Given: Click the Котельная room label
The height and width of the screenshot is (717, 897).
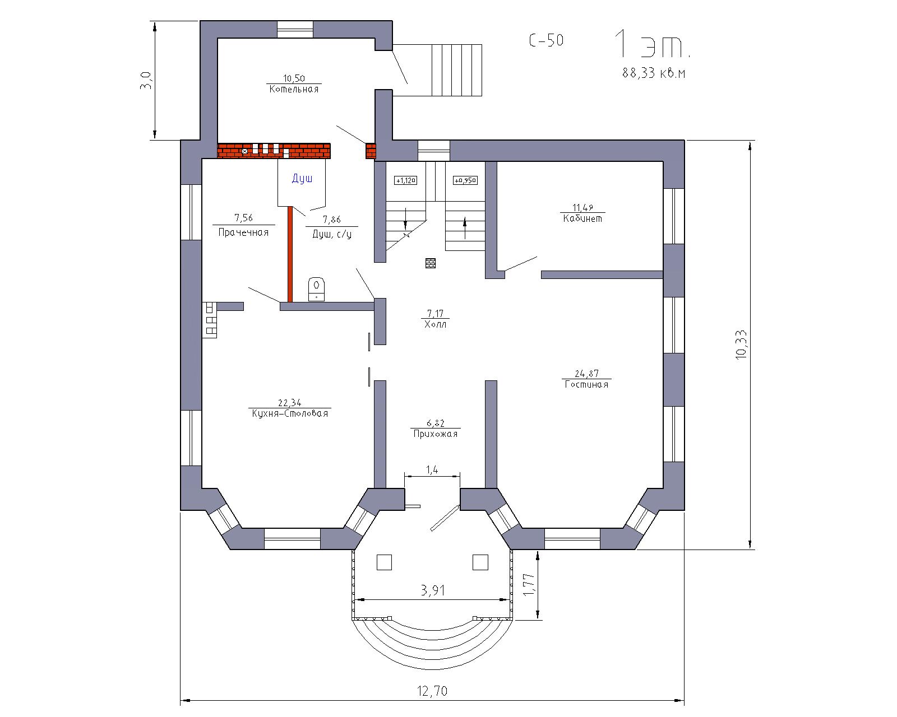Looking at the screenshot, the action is click(294, 89).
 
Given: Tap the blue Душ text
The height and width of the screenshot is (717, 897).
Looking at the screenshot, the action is click(302, 178).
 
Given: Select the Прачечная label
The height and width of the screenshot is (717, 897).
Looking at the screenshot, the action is click(243, 232).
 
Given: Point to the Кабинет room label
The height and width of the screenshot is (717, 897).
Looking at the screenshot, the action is click(582, 218).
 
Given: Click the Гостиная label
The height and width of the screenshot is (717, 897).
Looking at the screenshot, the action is click(586, 384).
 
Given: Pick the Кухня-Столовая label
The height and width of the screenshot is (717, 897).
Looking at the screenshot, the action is click(290, 413).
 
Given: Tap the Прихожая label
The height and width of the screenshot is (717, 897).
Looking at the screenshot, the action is click(435, 434).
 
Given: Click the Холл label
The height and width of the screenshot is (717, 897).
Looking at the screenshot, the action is click(435, 324).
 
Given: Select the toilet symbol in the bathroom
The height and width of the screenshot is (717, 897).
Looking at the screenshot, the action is click(316, 288).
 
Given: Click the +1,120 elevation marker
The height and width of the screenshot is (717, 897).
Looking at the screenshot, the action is click(405, 180).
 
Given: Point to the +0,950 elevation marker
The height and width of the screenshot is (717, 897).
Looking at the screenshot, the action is click(465, 180).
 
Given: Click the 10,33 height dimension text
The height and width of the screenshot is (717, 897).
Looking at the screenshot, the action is click(742, 345).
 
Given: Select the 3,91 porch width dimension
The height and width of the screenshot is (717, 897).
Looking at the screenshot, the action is click(433, 590).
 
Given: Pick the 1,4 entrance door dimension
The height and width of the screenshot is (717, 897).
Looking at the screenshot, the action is click(432, 470).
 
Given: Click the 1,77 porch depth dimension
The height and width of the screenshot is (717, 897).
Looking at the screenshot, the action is click(529, 585).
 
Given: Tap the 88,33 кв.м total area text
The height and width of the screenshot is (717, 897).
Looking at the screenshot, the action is click(654, 73).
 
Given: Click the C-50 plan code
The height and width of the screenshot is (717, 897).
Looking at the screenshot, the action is click(546, 40).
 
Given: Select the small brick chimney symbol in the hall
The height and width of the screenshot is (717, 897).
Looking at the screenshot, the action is click(431, 263).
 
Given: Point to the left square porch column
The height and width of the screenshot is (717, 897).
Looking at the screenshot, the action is click(384, 562).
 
